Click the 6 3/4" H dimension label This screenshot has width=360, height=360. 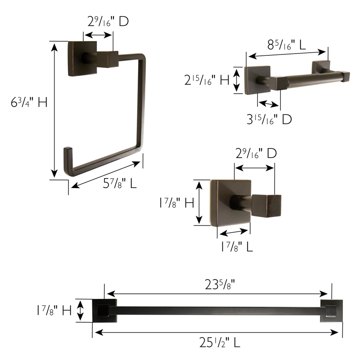[x=29, y=103]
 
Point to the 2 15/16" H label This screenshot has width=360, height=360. [x=207, y=81]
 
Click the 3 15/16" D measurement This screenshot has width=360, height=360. [x=269, y=119]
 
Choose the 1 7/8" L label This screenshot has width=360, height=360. [x=237, y=247]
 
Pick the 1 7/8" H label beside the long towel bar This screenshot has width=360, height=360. [x=54, y=310]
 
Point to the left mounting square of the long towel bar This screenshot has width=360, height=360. [x=104, y=310]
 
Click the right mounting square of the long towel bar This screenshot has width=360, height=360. [x=331, y=311]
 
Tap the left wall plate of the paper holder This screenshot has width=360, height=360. [x=257, y=80]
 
